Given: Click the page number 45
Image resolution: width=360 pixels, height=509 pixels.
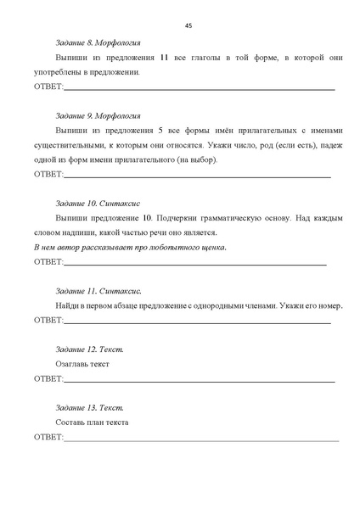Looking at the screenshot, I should pyautogui.click(x=188, y=25).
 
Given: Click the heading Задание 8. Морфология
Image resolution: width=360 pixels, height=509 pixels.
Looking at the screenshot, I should pyautogui.click(x=98, y=42).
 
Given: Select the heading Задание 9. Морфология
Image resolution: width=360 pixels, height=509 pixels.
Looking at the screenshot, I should pyautogui.click(x=98, y=115).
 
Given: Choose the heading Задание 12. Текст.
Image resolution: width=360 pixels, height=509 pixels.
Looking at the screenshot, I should pyautogui.click(x=89, y=350).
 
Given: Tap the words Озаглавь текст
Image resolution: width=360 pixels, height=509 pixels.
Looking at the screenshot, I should pyautogui.click(x=82, y=364).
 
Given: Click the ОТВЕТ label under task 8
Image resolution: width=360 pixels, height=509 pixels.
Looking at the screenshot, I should pyautogui.click(x=48, y=87).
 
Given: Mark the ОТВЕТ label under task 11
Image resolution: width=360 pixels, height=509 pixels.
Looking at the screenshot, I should pyautogui.click(x=48, y=320).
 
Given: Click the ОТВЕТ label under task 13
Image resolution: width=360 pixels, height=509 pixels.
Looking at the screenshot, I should pyautogui.click(x=48, y=438).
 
